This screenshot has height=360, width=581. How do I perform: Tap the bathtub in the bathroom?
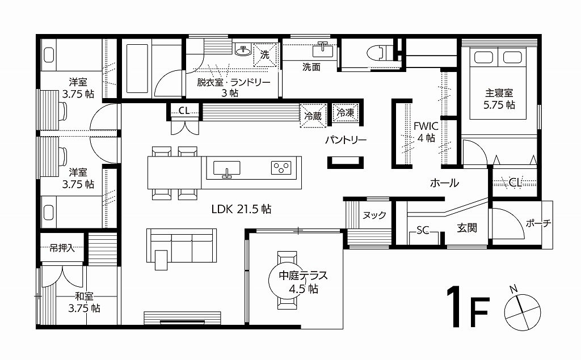point(137,69)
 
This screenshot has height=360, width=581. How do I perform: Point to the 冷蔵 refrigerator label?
point(313,116)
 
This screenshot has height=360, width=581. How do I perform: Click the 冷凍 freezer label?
point(346,112)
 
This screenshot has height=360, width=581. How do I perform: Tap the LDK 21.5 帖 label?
point(241,209)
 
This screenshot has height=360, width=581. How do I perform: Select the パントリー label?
point(346,139)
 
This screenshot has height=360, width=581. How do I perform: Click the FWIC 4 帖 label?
point(426,132)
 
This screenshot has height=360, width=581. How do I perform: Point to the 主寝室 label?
point(499,92)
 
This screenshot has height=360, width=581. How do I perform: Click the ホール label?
point(444,183)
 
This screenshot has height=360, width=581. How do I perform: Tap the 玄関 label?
point(466,228)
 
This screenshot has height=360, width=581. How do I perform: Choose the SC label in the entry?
point(422,230)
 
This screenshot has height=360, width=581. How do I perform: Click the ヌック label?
point(374,215)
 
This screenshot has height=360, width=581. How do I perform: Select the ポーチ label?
point(538,223)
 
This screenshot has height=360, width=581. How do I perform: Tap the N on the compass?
point(513,289)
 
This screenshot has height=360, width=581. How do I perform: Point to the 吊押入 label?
point(62,248)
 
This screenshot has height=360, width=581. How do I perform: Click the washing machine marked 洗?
point(265,55)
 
